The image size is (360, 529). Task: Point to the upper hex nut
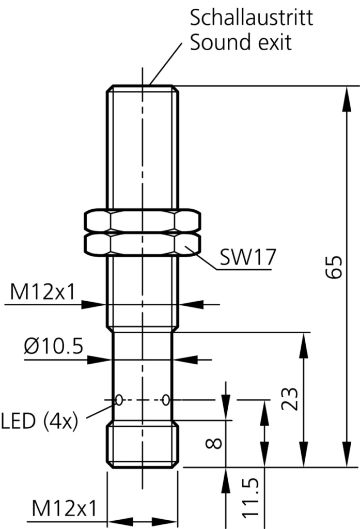[142, 221]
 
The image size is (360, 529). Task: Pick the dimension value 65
[336, 267]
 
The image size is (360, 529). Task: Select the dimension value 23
[293, 398]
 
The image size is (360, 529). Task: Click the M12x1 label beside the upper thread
[43, 292]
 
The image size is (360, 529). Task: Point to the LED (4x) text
[39, 422]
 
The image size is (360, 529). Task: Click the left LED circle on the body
[119, 399]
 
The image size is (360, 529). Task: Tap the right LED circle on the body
[165, 399]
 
